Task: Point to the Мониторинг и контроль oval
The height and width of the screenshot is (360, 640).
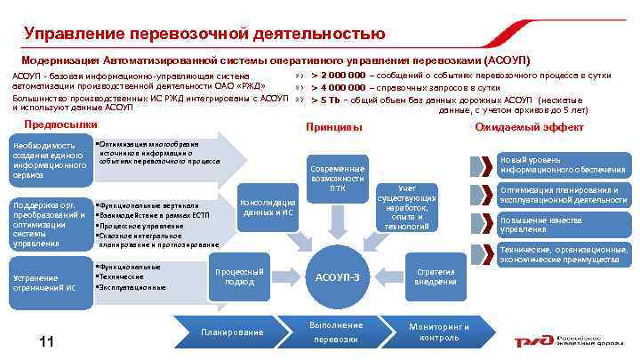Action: tap(439, 332)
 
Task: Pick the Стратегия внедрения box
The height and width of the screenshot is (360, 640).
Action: tap(436, 276)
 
